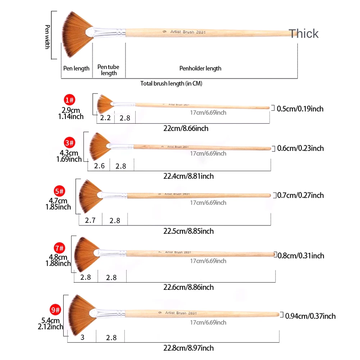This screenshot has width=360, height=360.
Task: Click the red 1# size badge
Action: click(70, 100)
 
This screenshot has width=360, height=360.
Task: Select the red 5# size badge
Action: click(59, 191)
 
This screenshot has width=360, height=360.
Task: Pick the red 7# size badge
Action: click(59, 248)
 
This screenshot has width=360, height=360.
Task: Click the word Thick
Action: click(304, 33)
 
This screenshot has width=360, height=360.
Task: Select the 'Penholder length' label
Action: click(200, 68)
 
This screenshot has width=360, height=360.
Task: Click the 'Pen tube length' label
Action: click(109, 70)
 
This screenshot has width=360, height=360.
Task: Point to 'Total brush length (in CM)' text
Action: click(171, 83)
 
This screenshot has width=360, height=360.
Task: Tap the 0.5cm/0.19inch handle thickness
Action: click(300, 109)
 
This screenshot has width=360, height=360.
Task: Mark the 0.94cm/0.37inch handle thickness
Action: click(310, 316)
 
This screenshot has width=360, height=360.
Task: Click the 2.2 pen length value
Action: click(105, 118)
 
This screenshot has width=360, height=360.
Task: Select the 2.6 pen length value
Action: click(99, 166)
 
